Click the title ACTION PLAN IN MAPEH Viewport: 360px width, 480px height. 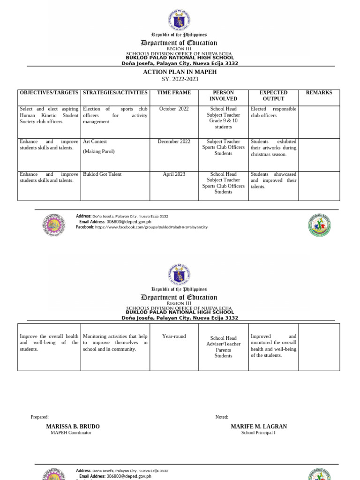pos(180,72)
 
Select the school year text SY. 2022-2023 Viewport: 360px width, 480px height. pos(180,79)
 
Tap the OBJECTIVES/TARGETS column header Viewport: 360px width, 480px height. pos(49,93)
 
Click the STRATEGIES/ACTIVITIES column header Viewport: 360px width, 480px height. pos(115,93)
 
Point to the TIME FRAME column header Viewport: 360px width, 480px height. pos(174,93)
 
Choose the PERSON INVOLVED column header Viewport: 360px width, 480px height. pos(223,96)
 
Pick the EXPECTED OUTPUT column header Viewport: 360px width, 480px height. pos(273,96)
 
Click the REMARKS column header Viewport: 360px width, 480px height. pos(319,93)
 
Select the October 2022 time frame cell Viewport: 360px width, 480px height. pos(174,109)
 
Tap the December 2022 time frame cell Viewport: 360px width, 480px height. pos(174,142)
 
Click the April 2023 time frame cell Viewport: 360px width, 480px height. pos(174,174)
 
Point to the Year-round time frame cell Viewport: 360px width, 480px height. pos(174,336)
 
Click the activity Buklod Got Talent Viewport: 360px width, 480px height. pos(102,174)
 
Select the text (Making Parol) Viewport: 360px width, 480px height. pos(98,151)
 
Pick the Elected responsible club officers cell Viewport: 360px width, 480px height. pos(273,112)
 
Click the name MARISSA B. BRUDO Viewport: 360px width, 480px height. pos(73,427)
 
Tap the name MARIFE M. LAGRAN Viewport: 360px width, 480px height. pos(259,427)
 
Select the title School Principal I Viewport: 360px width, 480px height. pos(258,433)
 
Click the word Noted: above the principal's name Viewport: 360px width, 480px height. pos(222,417)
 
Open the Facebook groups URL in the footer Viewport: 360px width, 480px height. pos(151,227)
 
